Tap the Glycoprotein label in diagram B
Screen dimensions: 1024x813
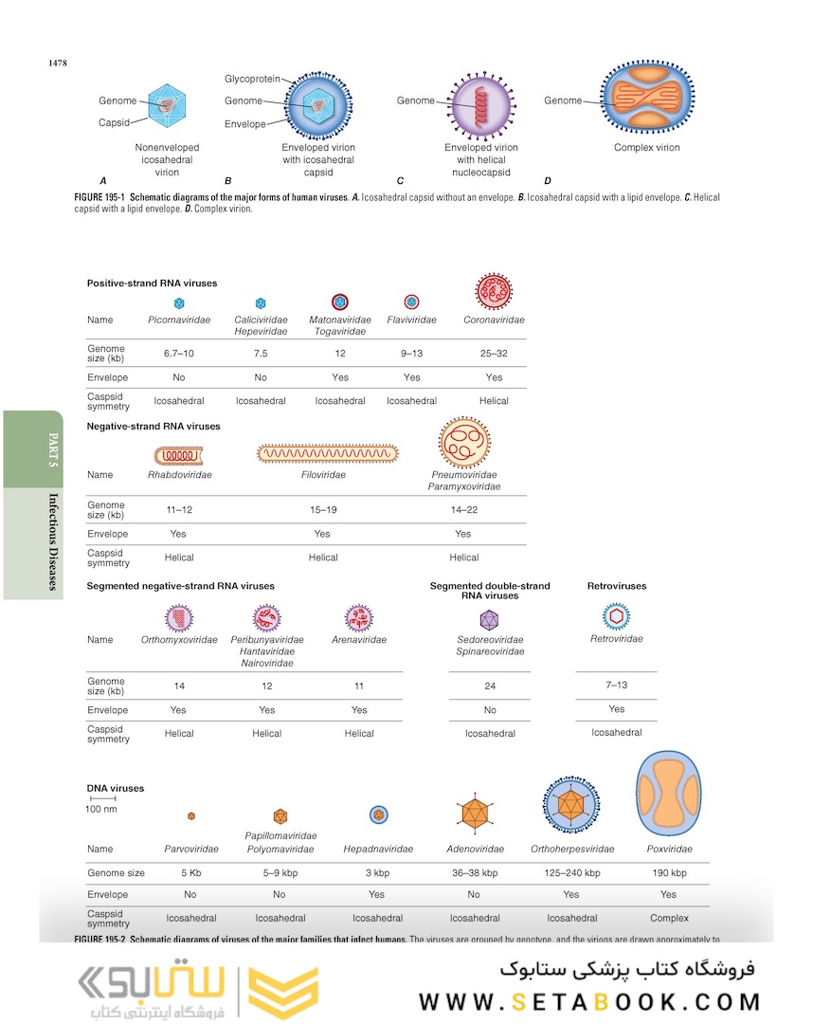click(x=252, y=79)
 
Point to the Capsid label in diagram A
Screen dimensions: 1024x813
click(x=114, y=122)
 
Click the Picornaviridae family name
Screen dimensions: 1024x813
click(x=179, y=320)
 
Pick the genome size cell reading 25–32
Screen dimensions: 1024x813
click(x=494, y=354)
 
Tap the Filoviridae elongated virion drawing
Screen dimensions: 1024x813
click(x=328, y=454)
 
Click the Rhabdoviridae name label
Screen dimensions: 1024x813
click(x=179, y=475)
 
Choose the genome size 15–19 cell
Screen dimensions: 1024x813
click(x=322, y=510)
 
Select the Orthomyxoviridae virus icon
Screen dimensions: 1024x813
click(x=179, y=618)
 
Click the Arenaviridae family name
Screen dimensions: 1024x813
click(x=359, y=640)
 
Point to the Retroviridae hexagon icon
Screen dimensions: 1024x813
click(x=616, y=616)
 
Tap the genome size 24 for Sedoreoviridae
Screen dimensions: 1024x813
click(x=489, y=686)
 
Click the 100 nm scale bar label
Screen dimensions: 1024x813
click(x=101, y=809)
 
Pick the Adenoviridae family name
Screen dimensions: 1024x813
click(x=475, y=850)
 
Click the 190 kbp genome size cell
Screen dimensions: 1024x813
click(x=668, y=873)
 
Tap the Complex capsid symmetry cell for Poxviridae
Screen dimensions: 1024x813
click(x=669, y=918)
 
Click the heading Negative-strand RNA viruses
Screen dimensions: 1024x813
click(x=154, y=427)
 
